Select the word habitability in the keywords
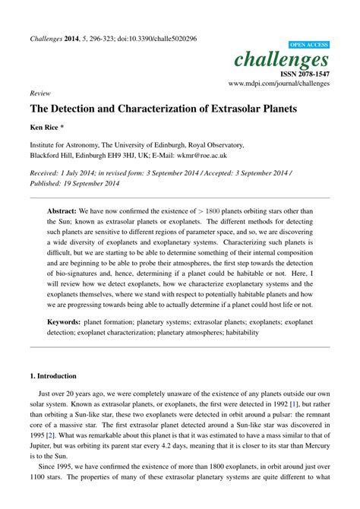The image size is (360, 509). click(236, 333)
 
